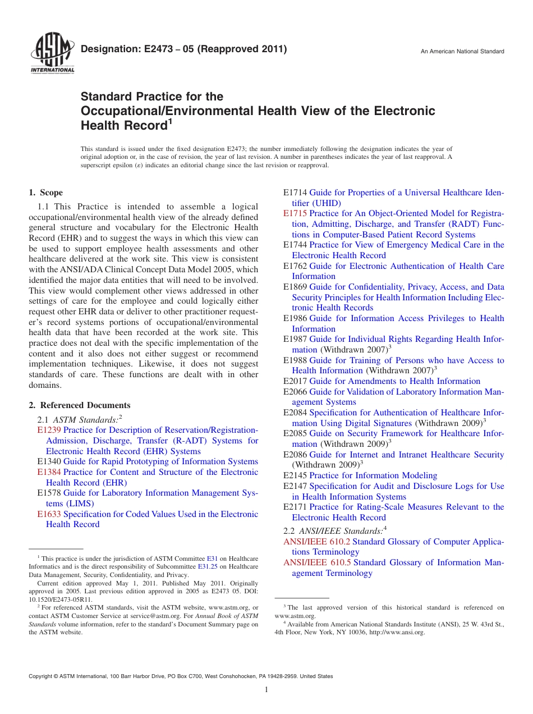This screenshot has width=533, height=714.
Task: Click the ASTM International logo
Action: coord(52,54)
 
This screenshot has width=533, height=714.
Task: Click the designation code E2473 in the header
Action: coord(148,49)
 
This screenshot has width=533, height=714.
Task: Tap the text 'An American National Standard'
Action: coord(462,52)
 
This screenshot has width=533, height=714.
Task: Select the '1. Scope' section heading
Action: coord(46,193)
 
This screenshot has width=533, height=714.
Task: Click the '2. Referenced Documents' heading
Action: coord(80,405)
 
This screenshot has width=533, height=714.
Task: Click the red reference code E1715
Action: coord(295,213)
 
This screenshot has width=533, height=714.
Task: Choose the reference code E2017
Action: coord(295,381)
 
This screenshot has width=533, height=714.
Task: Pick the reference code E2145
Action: coord(295,475)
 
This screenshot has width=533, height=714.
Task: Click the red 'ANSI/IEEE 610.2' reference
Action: coord(316,542)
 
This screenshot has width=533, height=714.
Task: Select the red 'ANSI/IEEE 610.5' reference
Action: coord(317,562)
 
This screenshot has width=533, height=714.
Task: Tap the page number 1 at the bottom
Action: coord(266,690)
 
